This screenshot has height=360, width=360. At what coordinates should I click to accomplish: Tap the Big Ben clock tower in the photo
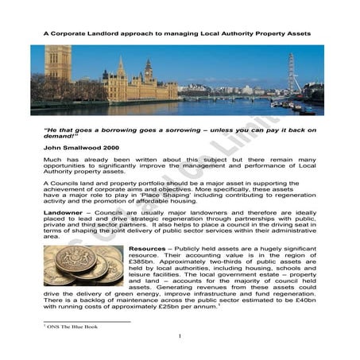[x=148, y=76]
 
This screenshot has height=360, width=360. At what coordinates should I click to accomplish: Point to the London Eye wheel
[x=292, y=74]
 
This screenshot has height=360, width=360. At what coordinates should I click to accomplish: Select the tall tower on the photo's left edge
[x=57, y=68]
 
